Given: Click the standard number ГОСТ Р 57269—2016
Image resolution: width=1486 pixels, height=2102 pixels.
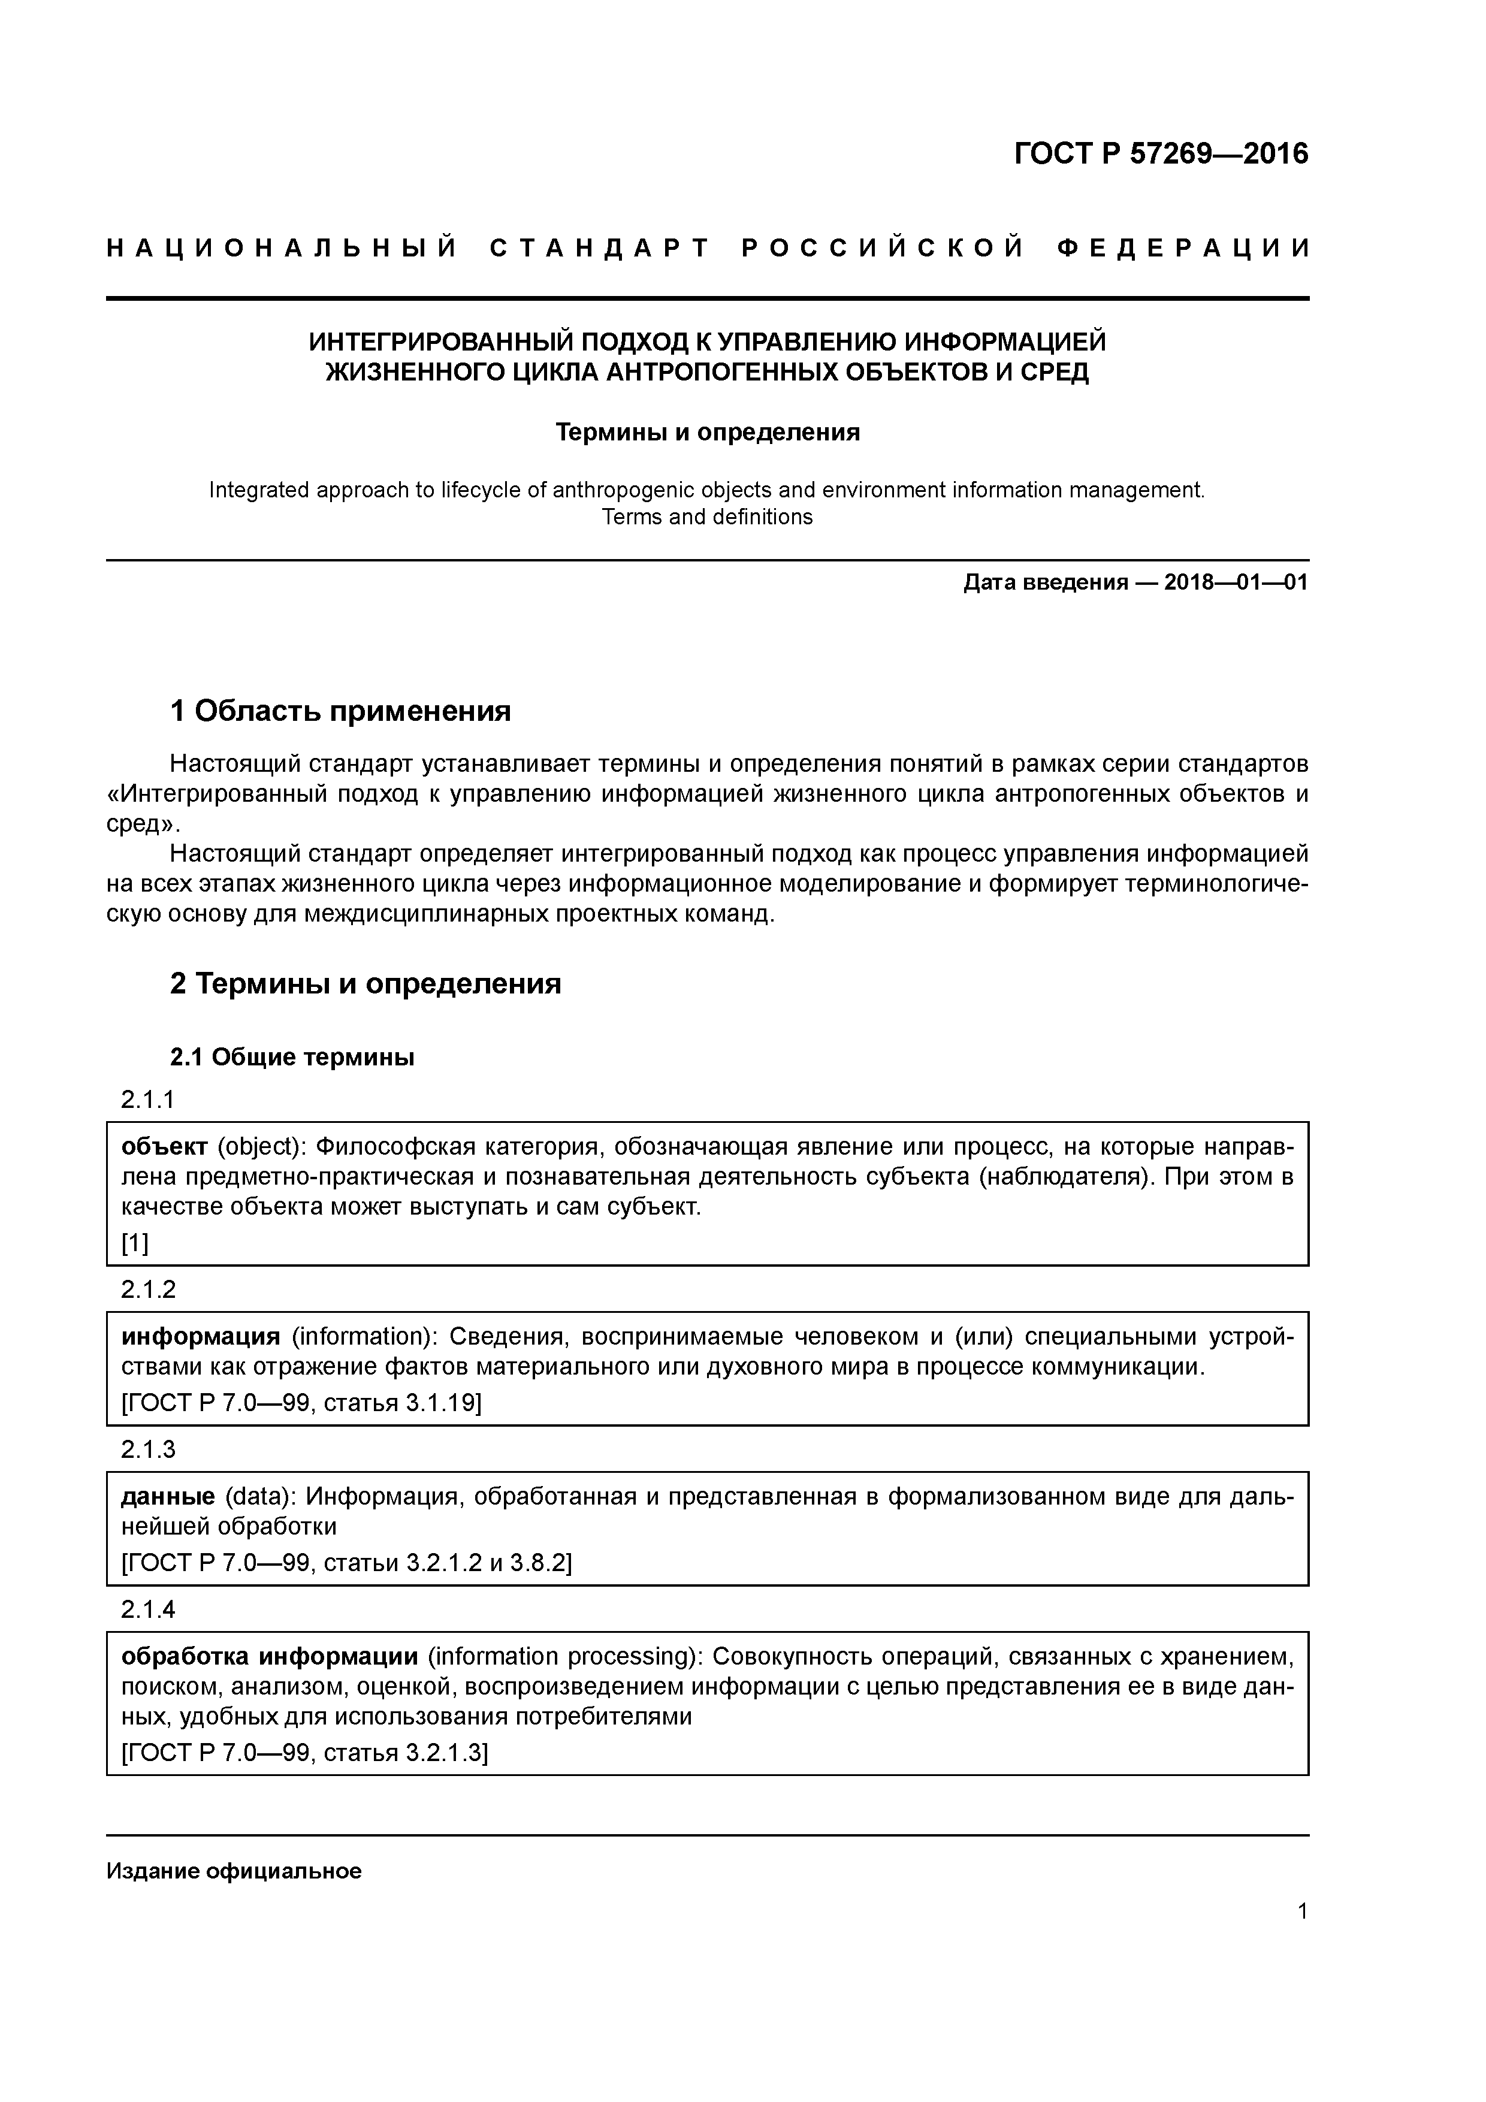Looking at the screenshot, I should (1161, 154).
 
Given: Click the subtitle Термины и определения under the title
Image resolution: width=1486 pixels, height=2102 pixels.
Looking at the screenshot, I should (707, 432).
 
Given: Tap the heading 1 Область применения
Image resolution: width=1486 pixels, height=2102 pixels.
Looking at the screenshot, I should (340, 711).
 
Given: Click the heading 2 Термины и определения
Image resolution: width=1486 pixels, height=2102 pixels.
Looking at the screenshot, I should (366, 984).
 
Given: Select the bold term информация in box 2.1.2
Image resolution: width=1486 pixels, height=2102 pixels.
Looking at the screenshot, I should (201, 1337).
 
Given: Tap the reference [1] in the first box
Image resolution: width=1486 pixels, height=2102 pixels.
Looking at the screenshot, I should (135, 1243).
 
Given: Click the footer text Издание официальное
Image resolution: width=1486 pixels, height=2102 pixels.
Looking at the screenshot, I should (234, 1871).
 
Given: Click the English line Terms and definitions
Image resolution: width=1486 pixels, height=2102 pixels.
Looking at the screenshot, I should (707, 517).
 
